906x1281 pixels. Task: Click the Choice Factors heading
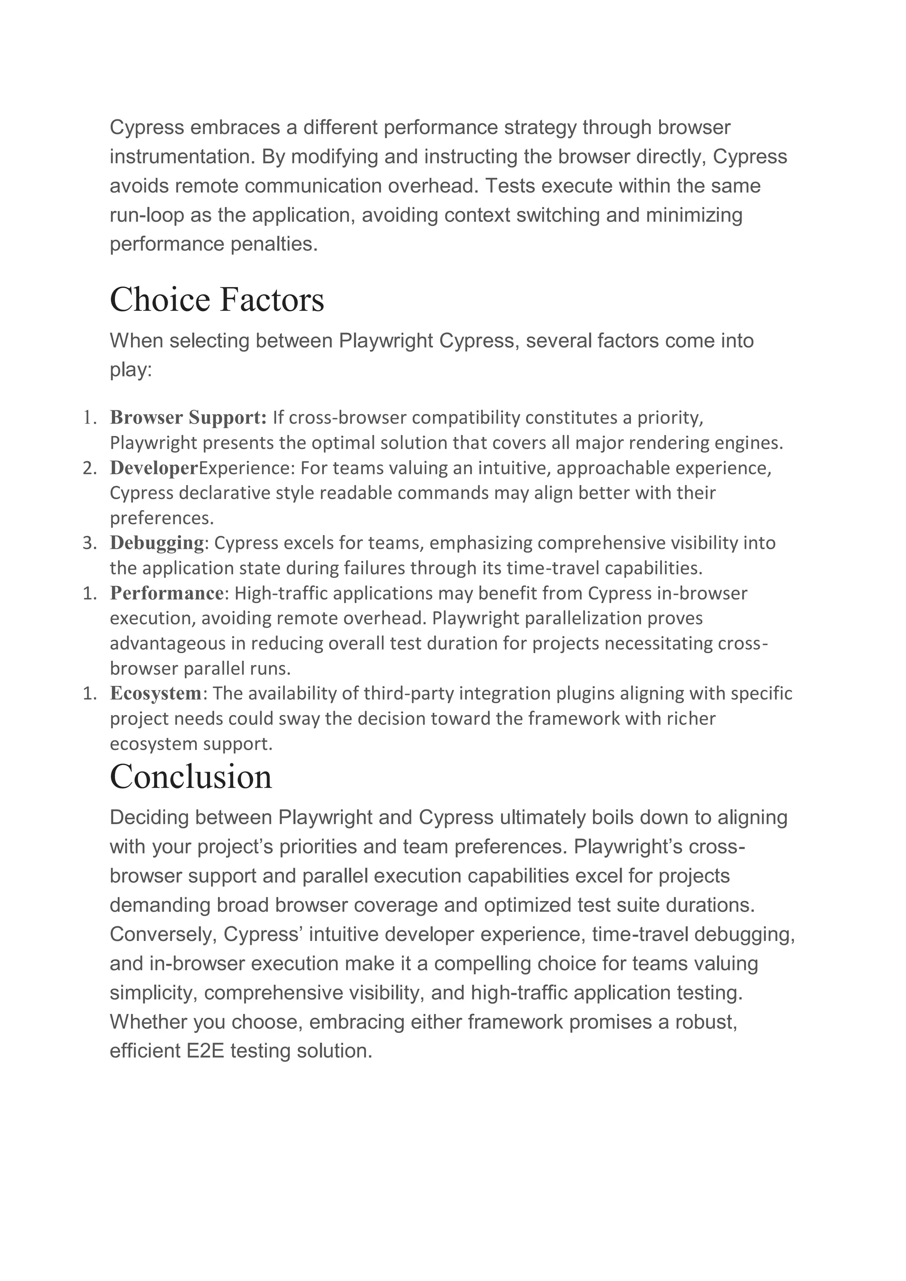pyautogui.click(x=217, y=300)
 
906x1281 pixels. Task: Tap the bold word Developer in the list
pyautogui.click(x=154, y=467)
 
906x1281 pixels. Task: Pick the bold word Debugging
pyautogui.click(x=157, y=542)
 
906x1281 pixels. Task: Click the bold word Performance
pyautogui.click(x=166, y=593)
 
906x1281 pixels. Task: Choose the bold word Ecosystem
pyautogui.click(x=156, y=693)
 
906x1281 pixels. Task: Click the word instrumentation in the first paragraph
pyautogui.click(x=182, y=157)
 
